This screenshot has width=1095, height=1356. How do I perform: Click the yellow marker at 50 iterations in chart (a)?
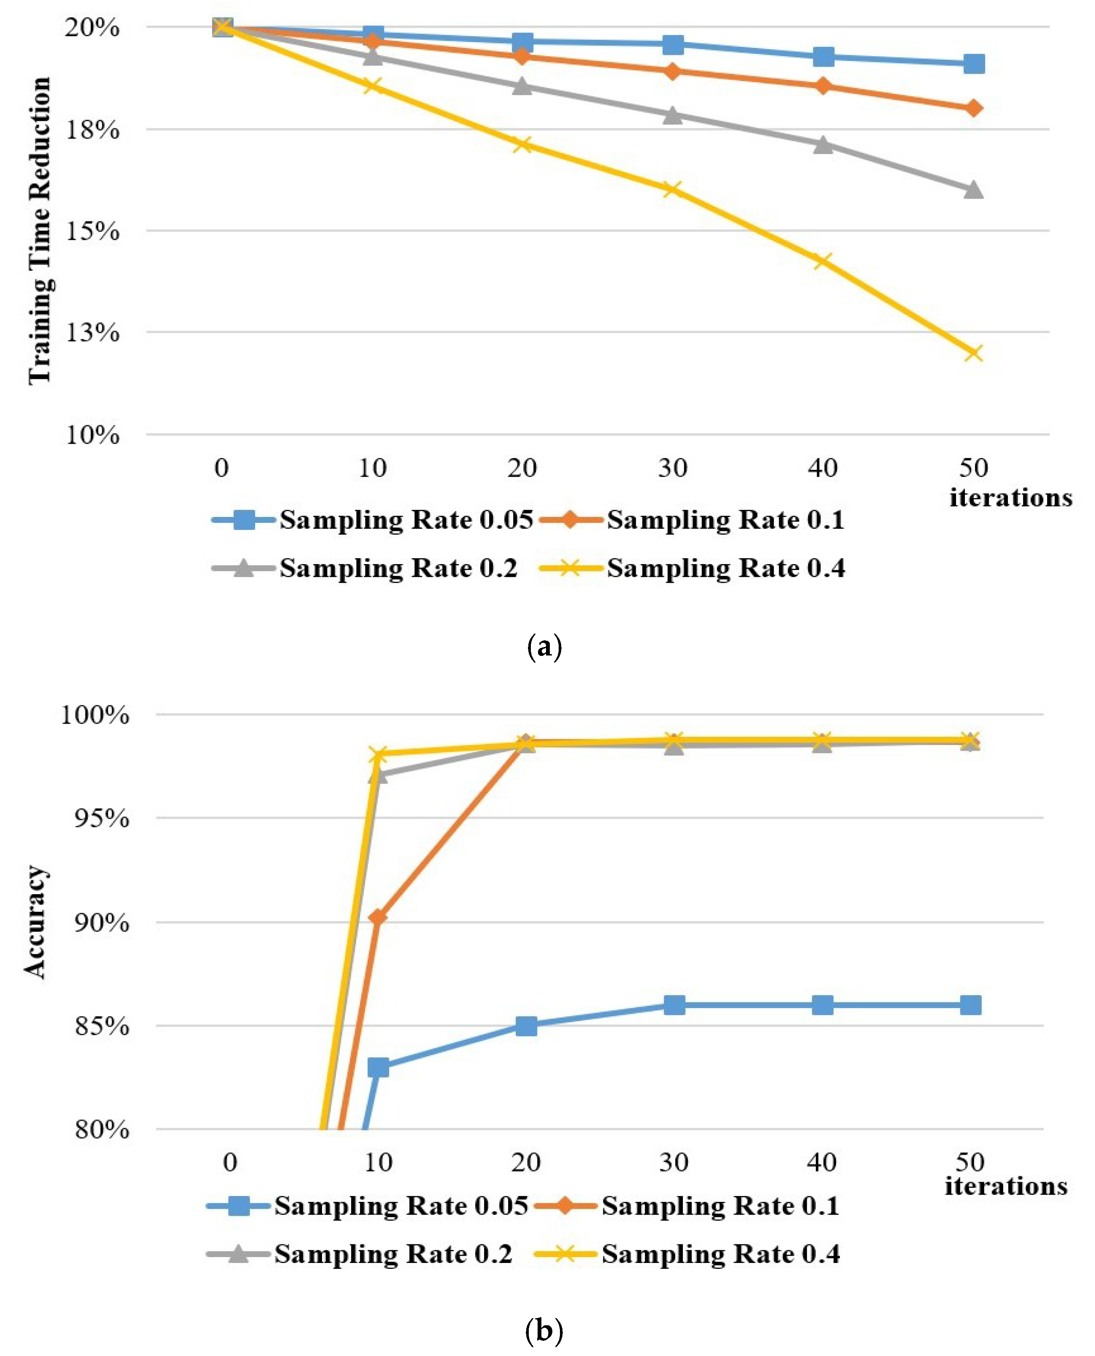973,352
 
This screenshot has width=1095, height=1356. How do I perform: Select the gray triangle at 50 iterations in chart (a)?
973,190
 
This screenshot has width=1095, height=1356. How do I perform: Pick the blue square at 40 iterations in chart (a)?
823,57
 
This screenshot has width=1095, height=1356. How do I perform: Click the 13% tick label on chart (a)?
92,333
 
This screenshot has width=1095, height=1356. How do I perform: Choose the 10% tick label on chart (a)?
92,434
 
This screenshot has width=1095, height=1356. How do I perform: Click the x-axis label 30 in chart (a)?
672,468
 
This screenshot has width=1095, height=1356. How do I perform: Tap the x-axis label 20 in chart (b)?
525,1162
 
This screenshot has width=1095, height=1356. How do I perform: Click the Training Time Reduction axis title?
39,230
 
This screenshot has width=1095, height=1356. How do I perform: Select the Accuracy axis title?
35,922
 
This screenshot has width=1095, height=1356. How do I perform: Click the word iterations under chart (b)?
1005,1186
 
